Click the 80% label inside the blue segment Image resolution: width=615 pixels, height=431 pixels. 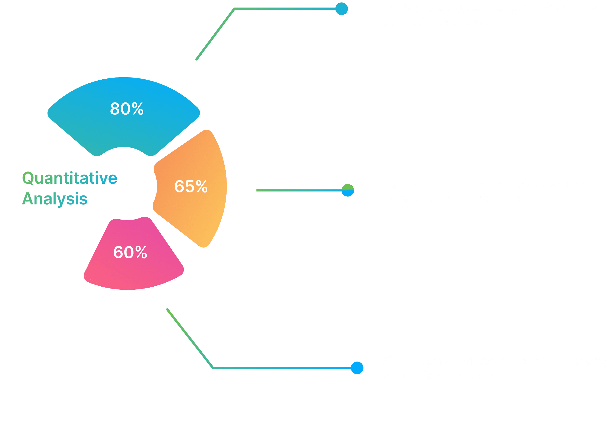[x=127, y=109]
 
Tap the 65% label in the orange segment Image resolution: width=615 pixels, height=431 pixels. [x=191, y=186]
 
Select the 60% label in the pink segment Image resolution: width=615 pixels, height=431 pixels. [x=130, y=252]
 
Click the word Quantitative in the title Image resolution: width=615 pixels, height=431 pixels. [x=70, y=178]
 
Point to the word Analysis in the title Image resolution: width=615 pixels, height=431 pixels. [x=55, y=199]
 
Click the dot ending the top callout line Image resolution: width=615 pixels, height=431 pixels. [x=342, y=9]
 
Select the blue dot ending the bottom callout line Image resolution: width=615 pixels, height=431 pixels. [x=357, y=368]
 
